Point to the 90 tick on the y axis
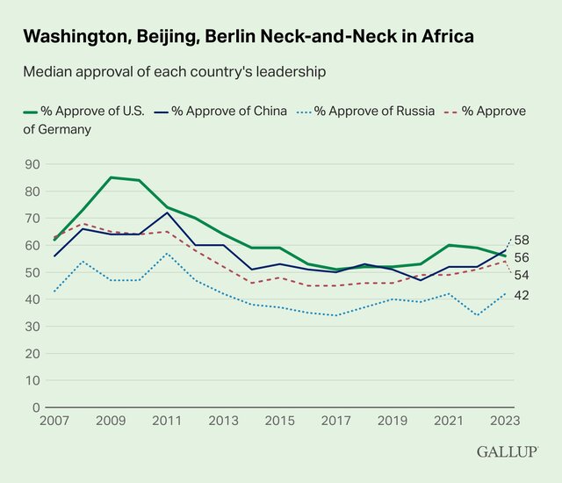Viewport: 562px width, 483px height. tap(32, 164)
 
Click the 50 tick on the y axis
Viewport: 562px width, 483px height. tap(32, 272)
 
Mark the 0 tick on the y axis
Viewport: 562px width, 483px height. tap(36, 407)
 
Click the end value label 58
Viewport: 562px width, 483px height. tap(521, 240)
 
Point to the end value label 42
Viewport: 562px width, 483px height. tap(521, 295)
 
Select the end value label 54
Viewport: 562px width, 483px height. tap(521, 275)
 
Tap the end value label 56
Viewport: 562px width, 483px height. tap(521, 257)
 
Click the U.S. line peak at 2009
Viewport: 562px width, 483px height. tap(112, 177)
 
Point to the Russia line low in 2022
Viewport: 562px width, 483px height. tap(477, 315)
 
